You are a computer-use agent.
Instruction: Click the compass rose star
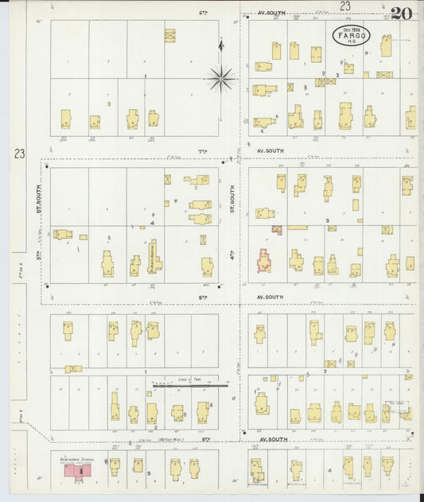(221, 77)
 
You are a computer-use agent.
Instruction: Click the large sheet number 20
(402, 14)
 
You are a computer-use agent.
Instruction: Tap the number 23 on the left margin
(18, 154)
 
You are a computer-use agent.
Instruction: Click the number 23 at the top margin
(344, 6)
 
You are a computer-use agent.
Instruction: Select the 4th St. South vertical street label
(232, 199)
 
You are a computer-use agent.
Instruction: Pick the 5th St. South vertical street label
(37, 199)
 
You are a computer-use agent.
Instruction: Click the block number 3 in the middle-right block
(326, 220)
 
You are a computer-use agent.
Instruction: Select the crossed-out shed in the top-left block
(169, 35)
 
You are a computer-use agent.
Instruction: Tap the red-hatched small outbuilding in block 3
(277, 229)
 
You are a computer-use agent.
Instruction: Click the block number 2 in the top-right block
(337, 75)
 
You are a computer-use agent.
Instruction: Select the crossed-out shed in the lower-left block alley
(73, 369)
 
